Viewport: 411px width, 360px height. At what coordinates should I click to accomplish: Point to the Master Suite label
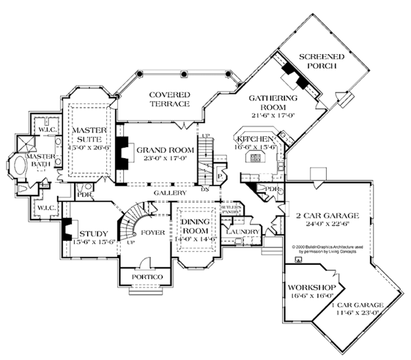pos(87,135)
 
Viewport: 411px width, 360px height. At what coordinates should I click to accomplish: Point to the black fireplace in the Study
pos(67,229)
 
